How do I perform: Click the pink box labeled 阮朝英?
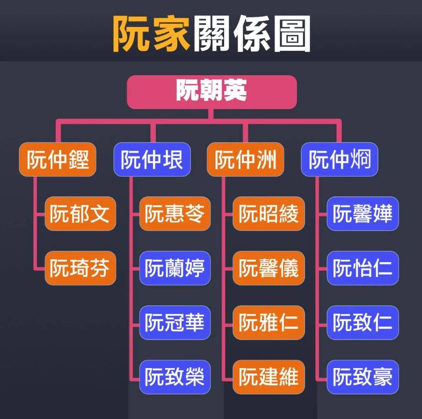pyautogui.click(x=212, y=92)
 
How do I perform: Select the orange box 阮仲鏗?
pyautogui.click(x=58, y=159)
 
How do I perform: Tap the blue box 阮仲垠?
pyautogui.click(x=152, y=159)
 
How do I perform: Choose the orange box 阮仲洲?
pyautogui.click(x=246, y=159)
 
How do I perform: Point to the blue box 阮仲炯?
pyautogui.click(x=340, y=159)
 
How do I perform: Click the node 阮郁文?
pyautogui.click(x=80, y=213)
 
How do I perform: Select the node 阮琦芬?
pyautogui.click(x=80, y=268)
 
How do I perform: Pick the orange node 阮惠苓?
pyautogui.click(x=175, y=213)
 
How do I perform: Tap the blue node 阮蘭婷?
pyautogui.click(x=175, y=268)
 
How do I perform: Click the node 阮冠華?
pyautogui.click(x=175, y=322)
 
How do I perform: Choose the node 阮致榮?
pyautogui.click(x=175, y=377)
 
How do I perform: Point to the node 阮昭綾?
pyautogui.click(x=269, y=213)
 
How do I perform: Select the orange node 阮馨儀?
pyautogui.click(x=269, y=268)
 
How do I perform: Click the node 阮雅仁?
pyautogui.click(x=269, y=322)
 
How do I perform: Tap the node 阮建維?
pyautogui.click(x=269, y=377)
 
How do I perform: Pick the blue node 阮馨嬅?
pyautogui.click(x=363, y=213)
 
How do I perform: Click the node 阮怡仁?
pyautogui.click(x=363, y=268)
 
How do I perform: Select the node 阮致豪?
pyautogui.click(x=363, y=377)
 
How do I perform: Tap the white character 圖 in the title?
pyautogui.click(x=292, y=34)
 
